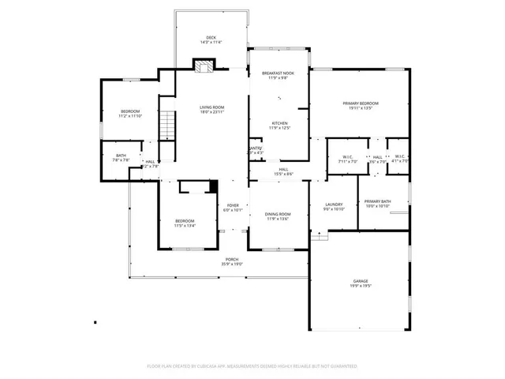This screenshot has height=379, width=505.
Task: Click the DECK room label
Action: point(211,38)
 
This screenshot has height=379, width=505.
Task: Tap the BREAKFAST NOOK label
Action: point(278,73)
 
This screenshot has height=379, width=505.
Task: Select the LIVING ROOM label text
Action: point(211,107)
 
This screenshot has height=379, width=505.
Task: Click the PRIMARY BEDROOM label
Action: point(360,103)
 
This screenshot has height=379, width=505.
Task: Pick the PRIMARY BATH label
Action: point(377,202)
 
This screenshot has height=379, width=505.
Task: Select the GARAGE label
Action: point(360,281)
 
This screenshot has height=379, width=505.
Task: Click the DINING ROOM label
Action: point(278,214)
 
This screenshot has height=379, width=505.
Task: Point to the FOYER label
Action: point(233,205)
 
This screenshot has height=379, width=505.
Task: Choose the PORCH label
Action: point(232,259)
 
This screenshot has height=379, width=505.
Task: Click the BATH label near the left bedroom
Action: point(121,156)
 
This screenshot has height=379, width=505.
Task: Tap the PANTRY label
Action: point(255,148)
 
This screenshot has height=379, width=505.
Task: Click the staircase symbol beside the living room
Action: point(166,126)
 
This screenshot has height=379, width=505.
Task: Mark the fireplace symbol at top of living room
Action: point(204,66)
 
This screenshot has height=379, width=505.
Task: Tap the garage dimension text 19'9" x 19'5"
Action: point(360,286)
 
